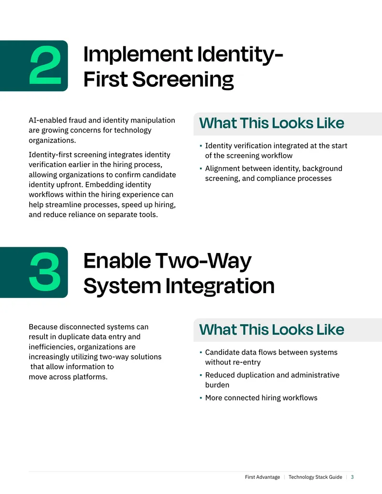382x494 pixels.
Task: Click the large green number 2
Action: point(45,65)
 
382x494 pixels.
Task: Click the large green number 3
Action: point(45,272)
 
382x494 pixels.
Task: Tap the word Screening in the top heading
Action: point(183,79)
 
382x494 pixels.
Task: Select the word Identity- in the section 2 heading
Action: point(240,54)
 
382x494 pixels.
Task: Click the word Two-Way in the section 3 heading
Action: point(203,261)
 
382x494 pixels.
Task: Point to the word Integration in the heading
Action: point(220,286)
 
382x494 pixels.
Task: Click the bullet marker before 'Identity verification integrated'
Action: point(201,146)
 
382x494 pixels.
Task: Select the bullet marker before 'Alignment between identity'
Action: point(201,168)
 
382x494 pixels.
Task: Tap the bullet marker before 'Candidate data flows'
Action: point(201,353)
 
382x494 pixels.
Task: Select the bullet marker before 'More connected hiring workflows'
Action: point(201,398)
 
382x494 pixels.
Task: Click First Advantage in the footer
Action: point(262,477)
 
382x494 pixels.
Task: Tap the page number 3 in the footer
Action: point(352,477)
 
